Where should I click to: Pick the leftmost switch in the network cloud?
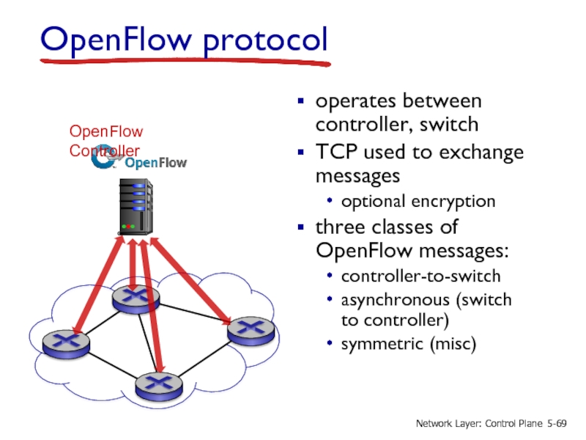coord(65,342)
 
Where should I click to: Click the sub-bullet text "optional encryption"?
coord(418,202)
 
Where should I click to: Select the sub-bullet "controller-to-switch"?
coord(420,276)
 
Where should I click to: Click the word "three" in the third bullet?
coord(340,227)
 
